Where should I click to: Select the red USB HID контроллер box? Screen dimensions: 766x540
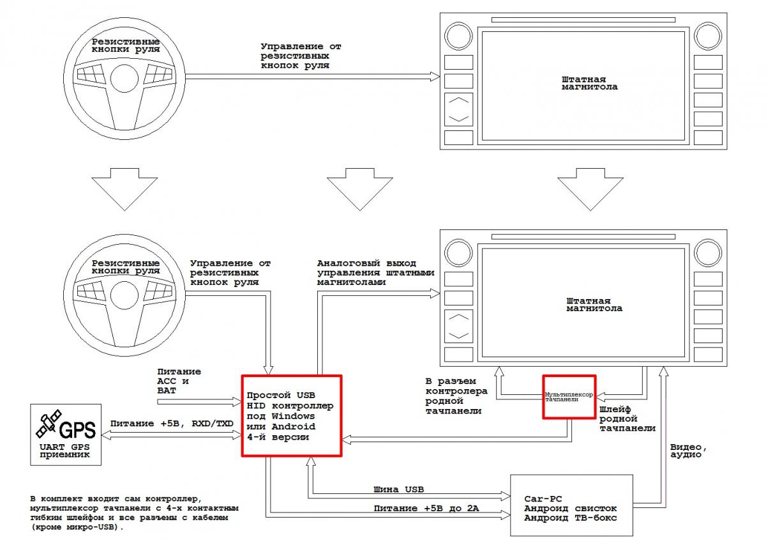243,415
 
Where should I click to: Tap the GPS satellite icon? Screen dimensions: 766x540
49,424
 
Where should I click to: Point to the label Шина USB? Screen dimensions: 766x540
398,490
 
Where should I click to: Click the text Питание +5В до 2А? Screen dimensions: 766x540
426,508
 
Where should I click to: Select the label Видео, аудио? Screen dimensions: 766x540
688,451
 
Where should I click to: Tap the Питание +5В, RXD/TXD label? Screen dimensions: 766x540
172,424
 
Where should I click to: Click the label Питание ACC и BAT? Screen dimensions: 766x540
179,381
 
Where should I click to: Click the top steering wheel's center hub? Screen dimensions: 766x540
124,78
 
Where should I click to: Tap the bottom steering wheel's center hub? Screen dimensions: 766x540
124,295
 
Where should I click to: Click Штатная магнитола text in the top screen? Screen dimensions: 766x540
590,83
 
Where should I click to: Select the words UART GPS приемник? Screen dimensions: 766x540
64,451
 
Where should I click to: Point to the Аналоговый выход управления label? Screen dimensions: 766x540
375,273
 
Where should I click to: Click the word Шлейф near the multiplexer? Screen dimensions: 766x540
615,410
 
